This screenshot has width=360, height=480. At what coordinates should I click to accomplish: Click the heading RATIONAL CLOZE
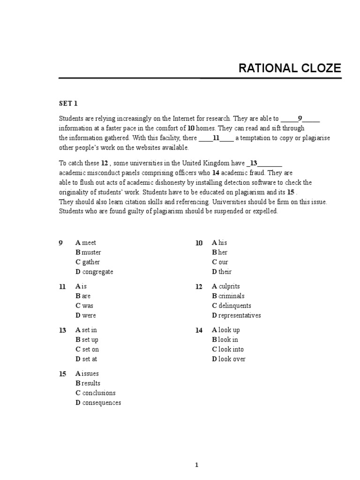[290, 68]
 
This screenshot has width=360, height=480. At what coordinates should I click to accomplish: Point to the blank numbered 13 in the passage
[264, 163]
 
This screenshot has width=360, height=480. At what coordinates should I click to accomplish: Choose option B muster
[88, 252]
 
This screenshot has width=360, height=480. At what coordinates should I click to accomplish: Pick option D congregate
[94, 271]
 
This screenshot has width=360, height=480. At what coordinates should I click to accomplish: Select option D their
[222, 271]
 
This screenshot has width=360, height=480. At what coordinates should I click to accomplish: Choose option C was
[84, 306]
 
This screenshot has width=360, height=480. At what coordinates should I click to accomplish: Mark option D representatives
[236, 315]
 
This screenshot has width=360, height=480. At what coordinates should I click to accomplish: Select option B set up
[87, 339]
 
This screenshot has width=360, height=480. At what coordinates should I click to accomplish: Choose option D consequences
[98, 403]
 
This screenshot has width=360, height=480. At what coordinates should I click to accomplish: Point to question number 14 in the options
[199, 330]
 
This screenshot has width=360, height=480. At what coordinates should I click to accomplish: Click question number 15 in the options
[62, 374]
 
